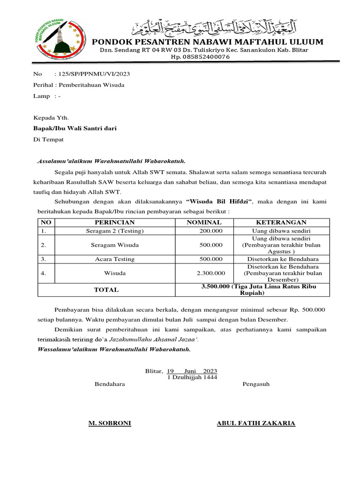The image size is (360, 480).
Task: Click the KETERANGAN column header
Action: [281, 222]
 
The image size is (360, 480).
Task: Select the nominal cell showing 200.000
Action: [211, 231]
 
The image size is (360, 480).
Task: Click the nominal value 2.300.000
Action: [211, 273]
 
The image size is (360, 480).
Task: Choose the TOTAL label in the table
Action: [106, 290]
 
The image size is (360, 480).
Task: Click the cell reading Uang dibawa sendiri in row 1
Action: [281, 231]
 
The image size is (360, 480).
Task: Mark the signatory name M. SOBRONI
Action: [110, 423]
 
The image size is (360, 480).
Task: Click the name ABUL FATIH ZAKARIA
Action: [256, 423]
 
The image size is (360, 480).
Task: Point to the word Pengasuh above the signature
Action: [256, 384]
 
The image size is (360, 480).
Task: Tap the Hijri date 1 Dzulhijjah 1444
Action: [192, 377]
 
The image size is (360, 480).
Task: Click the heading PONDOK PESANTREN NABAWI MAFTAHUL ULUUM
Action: [207, 42]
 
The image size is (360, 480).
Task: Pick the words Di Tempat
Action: [48, 139]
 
